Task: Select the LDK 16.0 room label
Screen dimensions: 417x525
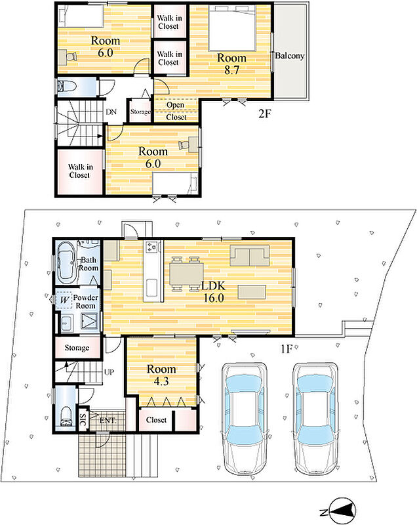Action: click(x=214, y=291)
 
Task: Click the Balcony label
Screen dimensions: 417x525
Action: click(x=290, y=56)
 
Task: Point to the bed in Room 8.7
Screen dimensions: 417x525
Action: click(x=233, y=27)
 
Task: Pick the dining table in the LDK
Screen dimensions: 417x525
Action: click(x=186, y=274)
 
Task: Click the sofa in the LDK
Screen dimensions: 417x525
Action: click(x=249, y=255)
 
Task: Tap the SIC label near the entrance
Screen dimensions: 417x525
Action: click(x=83, y=419)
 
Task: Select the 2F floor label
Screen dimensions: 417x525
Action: click(x=264, y=114)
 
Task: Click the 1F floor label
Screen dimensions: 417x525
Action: click(x=287, y=349)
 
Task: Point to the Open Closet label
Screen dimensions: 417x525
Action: click(x=176, y=111)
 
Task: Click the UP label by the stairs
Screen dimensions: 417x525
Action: click(x=109, y=372)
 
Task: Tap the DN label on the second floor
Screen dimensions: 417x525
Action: click(x=111, y=112)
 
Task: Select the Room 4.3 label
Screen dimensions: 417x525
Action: click(x=161, y=375)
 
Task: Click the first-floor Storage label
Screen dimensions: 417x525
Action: click(x=77, y=348)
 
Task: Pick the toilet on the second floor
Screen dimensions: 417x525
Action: click(x=68, y=87)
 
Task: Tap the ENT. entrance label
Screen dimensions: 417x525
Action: click(x=108, y=420)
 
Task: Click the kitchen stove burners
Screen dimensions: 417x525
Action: click(x=151, y=247)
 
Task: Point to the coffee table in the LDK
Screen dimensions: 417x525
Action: click(x=252, y=291)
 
